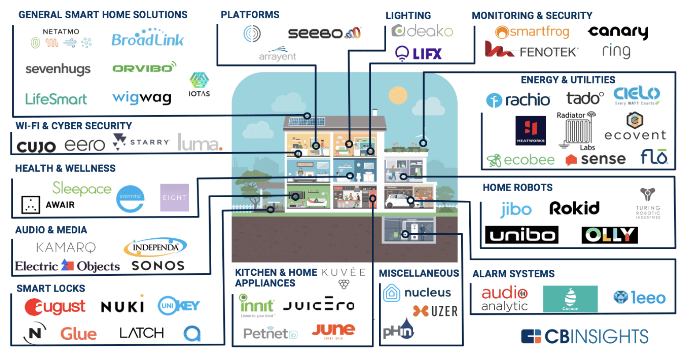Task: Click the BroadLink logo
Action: (x=147, y=39)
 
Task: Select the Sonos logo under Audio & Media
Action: (x=158, y=266)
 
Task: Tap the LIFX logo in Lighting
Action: (x=418, y=54)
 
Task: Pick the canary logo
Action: (x=618, y=32)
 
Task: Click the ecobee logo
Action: (x=521, y=160)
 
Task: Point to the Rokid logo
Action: (x=574, y=208)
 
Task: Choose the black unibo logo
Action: (x=522, y=235)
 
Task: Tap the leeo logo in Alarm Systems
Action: (x=639, y=298)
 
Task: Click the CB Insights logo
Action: (x=585, y=337)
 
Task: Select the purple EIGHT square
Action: (x=174, y=198)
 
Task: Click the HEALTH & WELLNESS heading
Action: (x=65, y=169)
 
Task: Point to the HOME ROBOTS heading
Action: (x=517, y=188)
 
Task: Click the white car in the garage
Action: (x=397, y=201)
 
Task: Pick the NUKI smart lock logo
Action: (x=123, y=307)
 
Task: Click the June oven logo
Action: (x=333, y=330)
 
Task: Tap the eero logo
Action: (x=85, y=145)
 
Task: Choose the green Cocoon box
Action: (x=570, y=299)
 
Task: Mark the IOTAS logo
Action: (x=199, y=84)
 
